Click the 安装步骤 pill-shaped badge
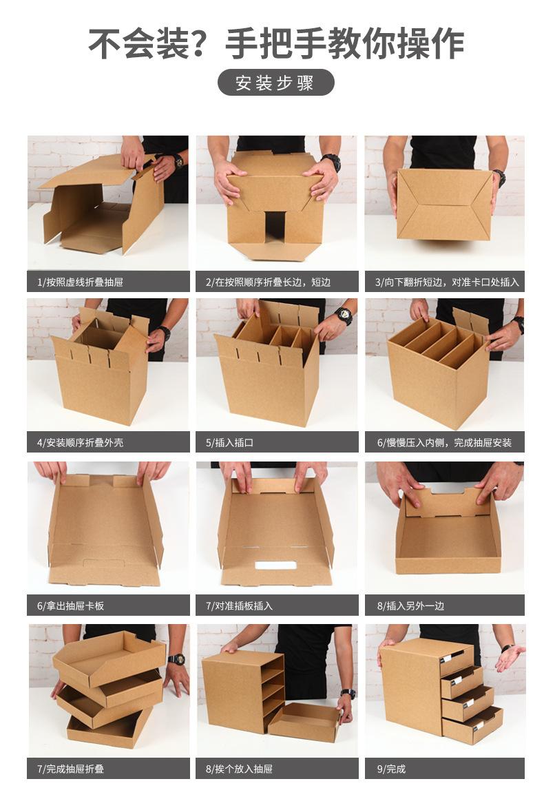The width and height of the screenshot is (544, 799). (275, 83)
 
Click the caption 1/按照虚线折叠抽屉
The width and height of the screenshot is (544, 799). (80, 282)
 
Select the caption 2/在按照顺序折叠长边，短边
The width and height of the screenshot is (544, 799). (268, 282)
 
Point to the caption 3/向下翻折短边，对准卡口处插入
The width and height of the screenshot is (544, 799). (447, 282)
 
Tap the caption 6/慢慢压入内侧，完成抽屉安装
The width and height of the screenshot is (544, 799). (444, 442)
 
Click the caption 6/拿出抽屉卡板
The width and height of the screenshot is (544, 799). (70, 605)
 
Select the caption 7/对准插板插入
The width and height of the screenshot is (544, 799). (239, 605)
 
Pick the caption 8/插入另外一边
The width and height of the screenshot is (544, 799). (410, 605)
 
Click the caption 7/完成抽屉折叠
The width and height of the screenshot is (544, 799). (70, 769)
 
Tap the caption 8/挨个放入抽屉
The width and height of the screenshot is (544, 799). (239, 769)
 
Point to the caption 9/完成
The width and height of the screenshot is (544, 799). (391, 769)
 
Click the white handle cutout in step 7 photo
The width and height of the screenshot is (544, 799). (275, 565)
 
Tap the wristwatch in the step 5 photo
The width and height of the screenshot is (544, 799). (344, 316)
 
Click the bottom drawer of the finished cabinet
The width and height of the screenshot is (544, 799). (472, 724)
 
